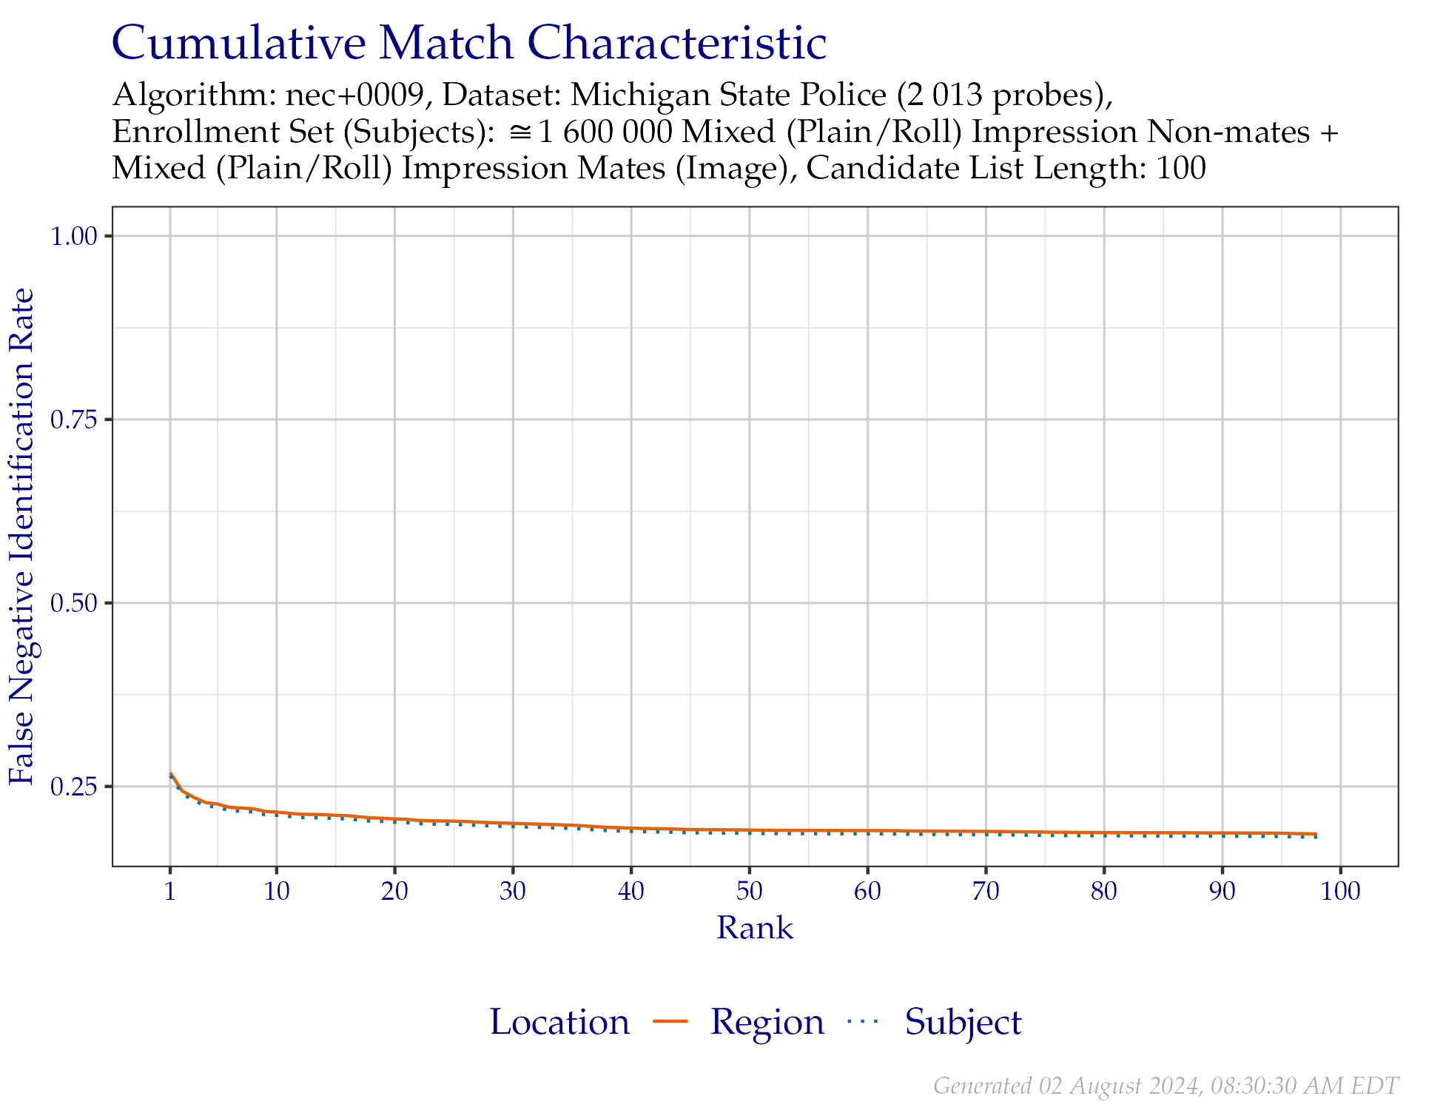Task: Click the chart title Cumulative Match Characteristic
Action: pyautogui.click(x=468, y=43)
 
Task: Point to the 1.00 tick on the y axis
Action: pyautogui.click(x=74, y=237)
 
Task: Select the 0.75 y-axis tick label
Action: pyautogui.click(x=74, y=420)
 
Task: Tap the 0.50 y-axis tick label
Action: pyautogui.click(x=74, y=604)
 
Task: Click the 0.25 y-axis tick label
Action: pyautogui.click(x=74, y=787)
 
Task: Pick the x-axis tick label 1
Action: pyautogui.click(x=170, y=892)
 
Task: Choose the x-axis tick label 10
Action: pyautogui.click(x=277, y=892)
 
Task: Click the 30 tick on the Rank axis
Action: pyautogui.click(x=513, y=892)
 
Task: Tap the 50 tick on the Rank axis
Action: pyautogui.click(x=750, y=892)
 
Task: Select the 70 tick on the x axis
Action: pyautogui.click(x=986, y=892)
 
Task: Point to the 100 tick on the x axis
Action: pyautogui.click(x=1340, y=892)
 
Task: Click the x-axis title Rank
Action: pyautogui.click(x=755, y=929)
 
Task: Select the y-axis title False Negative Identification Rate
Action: pyautogui.click(x=22, y=536)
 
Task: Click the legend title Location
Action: pyautogui.click(x=560, y=1023)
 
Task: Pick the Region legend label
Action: pyautogui.click(x=767, y=1023)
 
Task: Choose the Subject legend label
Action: pyautogui.click(x=963, y=1023)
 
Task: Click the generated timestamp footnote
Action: pyautogui.click(x=1165, y=1086)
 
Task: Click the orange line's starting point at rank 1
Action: pyautogui.click(x=171, y=773)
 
